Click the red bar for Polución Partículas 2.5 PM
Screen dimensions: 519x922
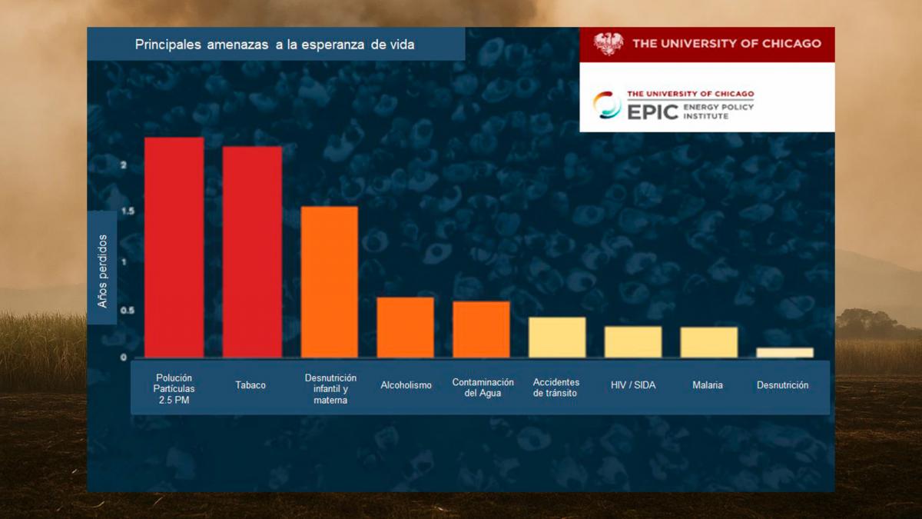(x=174, y=247)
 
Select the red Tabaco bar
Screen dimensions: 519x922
(x=252, y=251)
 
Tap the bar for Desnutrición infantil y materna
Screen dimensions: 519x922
(x=329, y=281)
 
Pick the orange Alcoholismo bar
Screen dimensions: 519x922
(x=405, y=327)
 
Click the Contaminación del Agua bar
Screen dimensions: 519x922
(x=481, y=329)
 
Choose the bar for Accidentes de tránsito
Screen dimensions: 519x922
(x=557, y=337)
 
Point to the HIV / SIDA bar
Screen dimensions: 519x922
(x=633, y=341)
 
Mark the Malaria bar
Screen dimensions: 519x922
(x=708, y=342)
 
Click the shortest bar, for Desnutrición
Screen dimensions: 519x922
(x=784, y=352)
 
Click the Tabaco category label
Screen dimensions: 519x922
(x=250, y=385)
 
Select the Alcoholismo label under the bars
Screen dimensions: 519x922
(x=406, y=385)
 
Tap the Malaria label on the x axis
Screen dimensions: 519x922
(x=708, y=385)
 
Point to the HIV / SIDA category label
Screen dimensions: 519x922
(x=633, y=385)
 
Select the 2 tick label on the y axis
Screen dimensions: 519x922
(x=123, y=165)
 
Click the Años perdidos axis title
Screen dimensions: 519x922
(x=103, y=271)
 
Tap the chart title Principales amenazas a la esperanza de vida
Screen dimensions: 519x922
(x=274, y=45)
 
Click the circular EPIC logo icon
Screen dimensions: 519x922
(x=607, y=105)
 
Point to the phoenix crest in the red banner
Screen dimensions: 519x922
(x=609, y=44)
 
